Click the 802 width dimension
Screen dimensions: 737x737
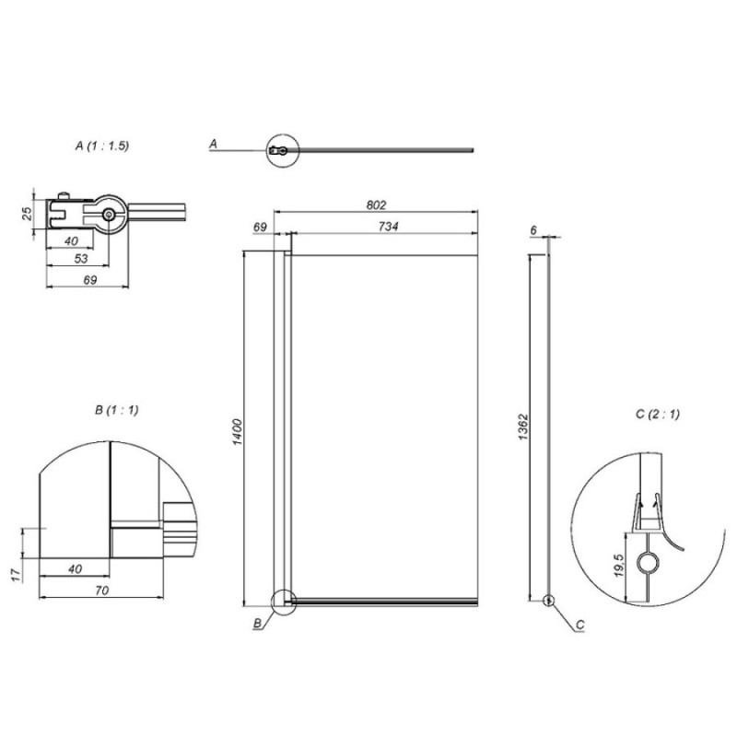[376, 205]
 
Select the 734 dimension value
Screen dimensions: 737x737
[388, 226]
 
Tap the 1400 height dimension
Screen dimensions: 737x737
[238, 431]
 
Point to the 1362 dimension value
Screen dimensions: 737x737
[523, 427]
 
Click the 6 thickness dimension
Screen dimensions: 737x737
[533, 230]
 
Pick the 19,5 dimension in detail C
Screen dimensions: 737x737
[618, 565]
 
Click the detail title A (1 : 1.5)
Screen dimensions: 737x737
[102, 146]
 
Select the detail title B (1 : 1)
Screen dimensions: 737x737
[117, 410]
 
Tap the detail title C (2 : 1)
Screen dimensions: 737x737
[658, 414]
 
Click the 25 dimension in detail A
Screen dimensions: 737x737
[29, 214]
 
